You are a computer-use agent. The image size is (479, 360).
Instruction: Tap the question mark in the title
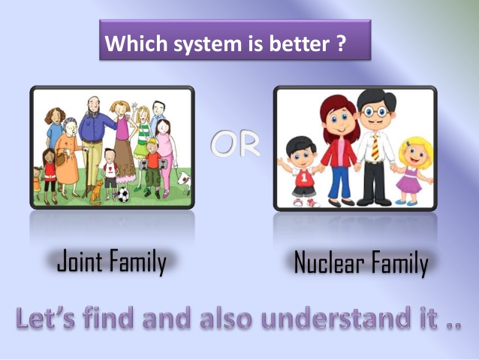[x=340, y=44]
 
